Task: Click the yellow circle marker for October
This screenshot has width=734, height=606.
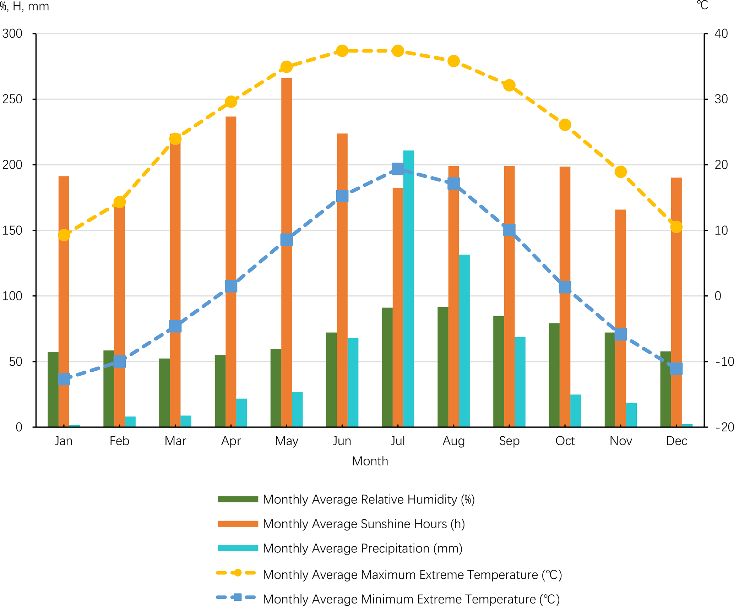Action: (565, 125)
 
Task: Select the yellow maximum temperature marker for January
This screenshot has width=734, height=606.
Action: (64, 235)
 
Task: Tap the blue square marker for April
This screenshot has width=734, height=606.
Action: (231, 286)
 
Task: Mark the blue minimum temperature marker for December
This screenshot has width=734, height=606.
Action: (676, 368)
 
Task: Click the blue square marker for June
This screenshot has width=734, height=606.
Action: (342, 196)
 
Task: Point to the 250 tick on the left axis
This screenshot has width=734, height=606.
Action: (12, 99)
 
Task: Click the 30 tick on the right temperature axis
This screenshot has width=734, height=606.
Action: (721, 99)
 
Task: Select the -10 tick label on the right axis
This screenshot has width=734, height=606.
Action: (724, 361)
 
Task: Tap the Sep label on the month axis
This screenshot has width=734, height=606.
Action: (509, 441)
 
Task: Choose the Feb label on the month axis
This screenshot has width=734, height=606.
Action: (119, 441)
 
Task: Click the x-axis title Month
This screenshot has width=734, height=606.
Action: (370, 461)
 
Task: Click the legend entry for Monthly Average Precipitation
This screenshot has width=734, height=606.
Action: (362, 548)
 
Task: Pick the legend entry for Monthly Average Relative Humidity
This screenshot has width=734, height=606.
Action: (368, 499)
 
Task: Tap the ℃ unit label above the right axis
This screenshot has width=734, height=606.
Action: (702, 6)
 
